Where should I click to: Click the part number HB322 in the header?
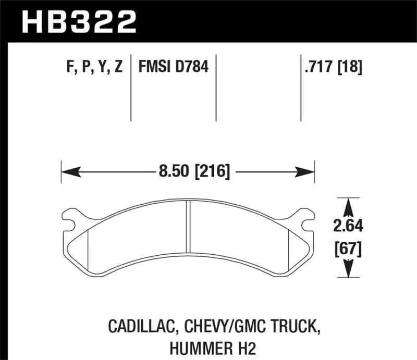78,21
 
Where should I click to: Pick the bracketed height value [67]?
348,249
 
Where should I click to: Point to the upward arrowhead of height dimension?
347,206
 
